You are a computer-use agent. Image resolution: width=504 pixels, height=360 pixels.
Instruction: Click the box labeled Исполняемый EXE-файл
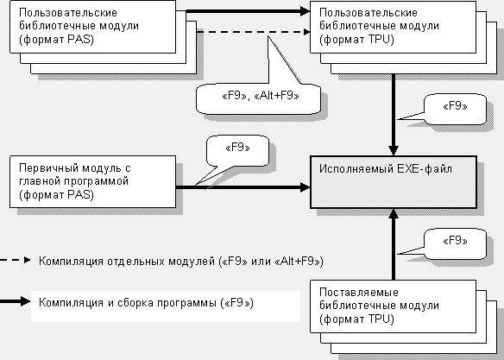[394, 182]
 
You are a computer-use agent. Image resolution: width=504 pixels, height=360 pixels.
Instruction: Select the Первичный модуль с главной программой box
[92, 181]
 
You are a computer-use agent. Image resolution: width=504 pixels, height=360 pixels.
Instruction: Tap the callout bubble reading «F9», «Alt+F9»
[258, 98]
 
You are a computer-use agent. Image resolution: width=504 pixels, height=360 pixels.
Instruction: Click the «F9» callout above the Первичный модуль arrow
[237, 150]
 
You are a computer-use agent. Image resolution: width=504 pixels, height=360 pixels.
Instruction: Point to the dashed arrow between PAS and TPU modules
[253, 32]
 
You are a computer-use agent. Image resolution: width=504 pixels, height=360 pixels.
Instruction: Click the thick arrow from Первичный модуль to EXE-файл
[243, 187]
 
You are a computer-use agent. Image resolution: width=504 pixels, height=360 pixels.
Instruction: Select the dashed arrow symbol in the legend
[16, 260]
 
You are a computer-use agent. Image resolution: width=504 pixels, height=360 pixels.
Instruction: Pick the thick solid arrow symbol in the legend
[16, 301]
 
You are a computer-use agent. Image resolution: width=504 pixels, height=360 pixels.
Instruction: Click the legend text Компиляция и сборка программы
[146, 303]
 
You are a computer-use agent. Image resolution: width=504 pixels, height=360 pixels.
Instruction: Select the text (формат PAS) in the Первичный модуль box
[57, 195]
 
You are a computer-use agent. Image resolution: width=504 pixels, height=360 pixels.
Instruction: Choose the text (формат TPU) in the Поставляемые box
[356, 319]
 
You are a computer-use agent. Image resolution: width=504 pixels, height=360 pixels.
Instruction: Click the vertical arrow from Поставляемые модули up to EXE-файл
[394, 244]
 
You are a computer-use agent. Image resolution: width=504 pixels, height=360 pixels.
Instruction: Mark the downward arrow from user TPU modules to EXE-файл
[394, 115]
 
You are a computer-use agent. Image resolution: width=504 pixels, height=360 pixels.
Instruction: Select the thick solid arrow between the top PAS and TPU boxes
[248, 11]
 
